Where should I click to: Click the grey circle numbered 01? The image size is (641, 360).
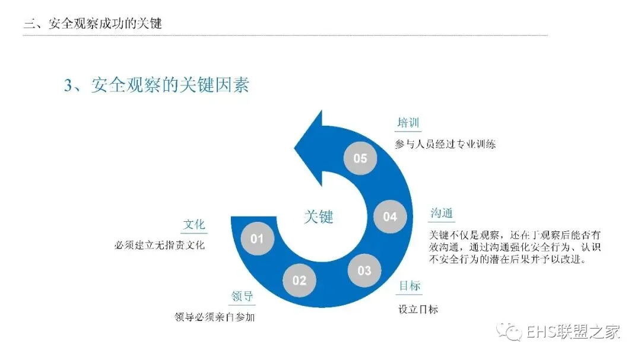coord(257,238)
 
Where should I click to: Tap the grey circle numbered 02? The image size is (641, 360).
coord(299,281)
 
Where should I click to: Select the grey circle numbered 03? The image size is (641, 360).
coord(364,270)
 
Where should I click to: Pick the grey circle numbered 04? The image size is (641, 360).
coord(390,216)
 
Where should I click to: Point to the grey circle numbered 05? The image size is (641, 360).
coord(360,158)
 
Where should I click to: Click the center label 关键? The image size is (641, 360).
coord(319,216)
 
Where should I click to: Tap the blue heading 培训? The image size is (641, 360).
coord(408,123)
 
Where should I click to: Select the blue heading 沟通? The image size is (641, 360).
coord(442,213)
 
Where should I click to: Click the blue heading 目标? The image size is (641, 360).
coord(410,286)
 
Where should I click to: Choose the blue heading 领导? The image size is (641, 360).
coord(242,296)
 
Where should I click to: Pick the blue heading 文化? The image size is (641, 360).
coord(194,224)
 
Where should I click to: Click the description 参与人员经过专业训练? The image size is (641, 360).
coord(445,144)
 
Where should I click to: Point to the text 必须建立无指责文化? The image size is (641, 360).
coord(160,245)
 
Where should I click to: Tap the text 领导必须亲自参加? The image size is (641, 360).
coord(215,317)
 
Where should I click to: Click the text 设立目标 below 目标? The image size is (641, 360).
coord(418,310)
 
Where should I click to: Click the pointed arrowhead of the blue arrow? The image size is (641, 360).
coord(295,148)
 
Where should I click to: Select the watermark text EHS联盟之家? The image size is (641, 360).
coord(573,332)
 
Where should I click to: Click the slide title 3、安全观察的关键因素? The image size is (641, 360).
coord(157,85)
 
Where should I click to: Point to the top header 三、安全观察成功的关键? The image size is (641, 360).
coord(93,23)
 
